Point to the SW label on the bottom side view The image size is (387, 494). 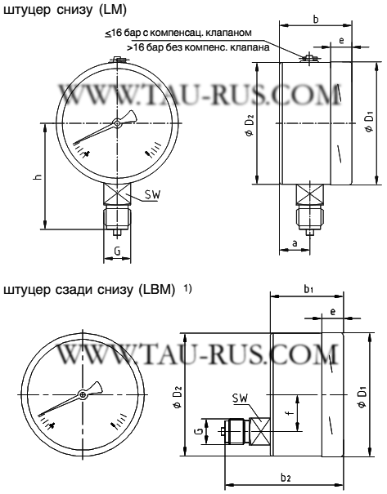[239, 398]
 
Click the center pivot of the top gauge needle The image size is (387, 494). [117, 123]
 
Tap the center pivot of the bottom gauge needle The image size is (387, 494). [83, 395]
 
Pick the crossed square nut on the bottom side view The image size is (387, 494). [261, 429]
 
